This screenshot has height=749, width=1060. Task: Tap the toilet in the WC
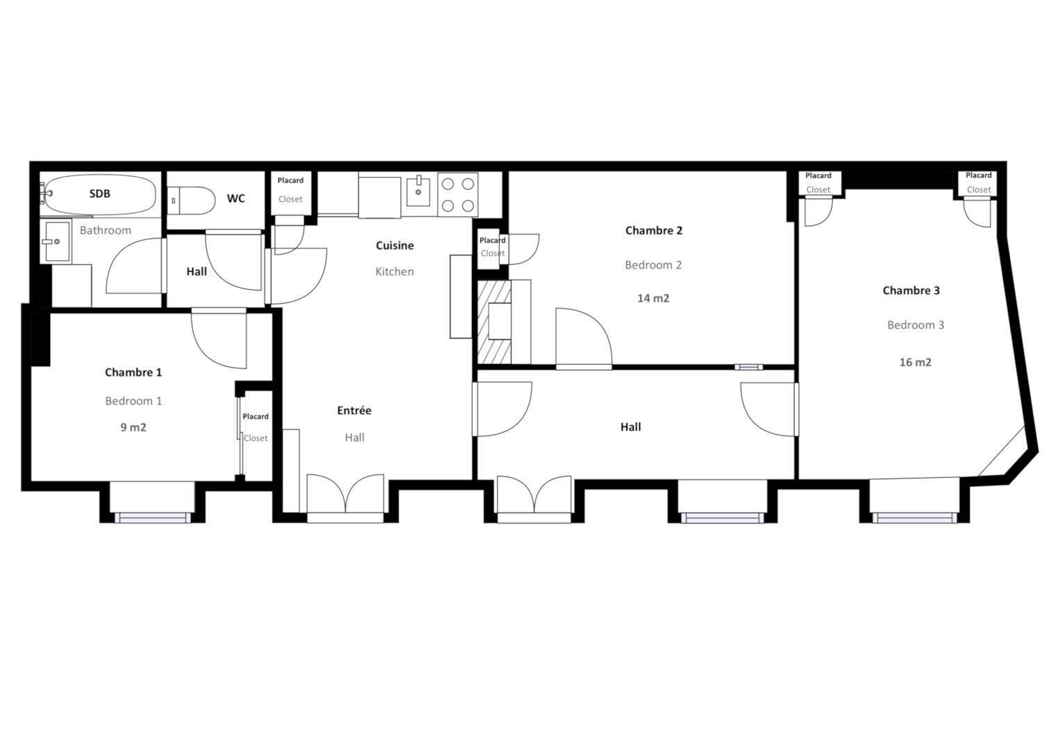(191, 200)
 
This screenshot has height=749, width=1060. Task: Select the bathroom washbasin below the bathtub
(56, 241)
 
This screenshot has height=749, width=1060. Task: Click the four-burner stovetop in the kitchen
(457, 194)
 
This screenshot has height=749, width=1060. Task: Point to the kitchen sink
(419, 191)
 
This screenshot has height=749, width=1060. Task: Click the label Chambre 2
(653, 231)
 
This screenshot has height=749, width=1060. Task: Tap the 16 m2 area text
(915, 362)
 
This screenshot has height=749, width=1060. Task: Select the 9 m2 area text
(133, 427)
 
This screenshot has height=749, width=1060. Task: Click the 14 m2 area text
(653, 298)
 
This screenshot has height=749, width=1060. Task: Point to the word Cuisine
(395, 246)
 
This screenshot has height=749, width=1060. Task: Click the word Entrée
(354, 411)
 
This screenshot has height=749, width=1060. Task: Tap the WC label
(235, 198)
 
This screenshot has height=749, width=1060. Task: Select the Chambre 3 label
(911, 291)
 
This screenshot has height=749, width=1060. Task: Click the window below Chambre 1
(153, 518)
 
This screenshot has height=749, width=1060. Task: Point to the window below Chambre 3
(914, 518)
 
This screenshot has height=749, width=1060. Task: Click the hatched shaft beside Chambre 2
(494, 322)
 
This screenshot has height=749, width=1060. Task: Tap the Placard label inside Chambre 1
(255, 417)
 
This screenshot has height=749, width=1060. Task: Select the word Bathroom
(105, 230)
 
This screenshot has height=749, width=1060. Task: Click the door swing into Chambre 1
(219, 339)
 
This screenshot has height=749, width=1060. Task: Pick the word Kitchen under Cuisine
(394, 271)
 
